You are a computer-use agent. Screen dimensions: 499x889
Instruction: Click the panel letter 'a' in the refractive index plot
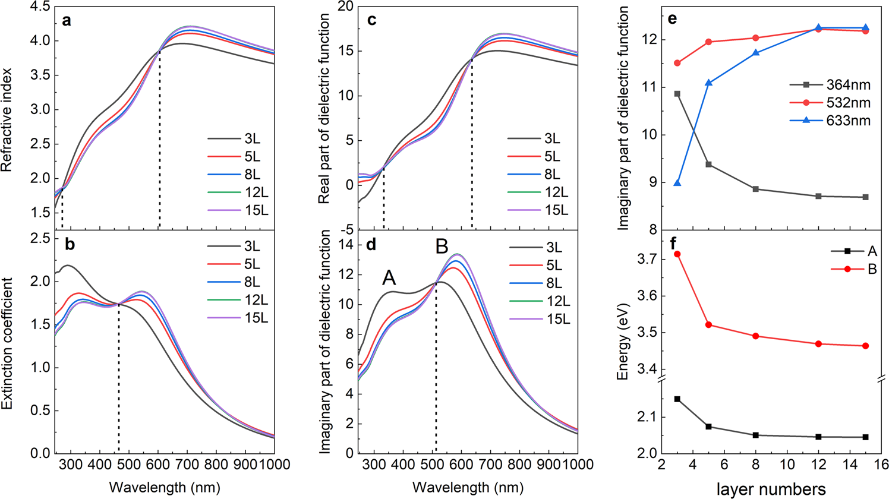pos(67,21)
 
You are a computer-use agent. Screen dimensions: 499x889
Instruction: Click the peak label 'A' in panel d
pos(389,277)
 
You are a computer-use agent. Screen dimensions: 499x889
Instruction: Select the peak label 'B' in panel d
pos(442,247)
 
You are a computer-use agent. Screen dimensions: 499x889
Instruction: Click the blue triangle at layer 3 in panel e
pos(677,183)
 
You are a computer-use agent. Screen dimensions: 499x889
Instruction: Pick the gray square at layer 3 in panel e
pos(677,94)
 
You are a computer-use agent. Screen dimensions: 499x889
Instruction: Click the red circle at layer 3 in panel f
pos(677,254)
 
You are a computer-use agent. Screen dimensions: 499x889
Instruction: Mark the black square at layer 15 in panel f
pos(865,437)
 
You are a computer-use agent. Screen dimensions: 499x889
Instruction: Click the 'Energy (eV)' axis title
pos(622,340)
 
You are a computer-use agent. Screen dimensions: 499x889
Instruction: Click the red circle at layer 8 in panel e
pos(771,38)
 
